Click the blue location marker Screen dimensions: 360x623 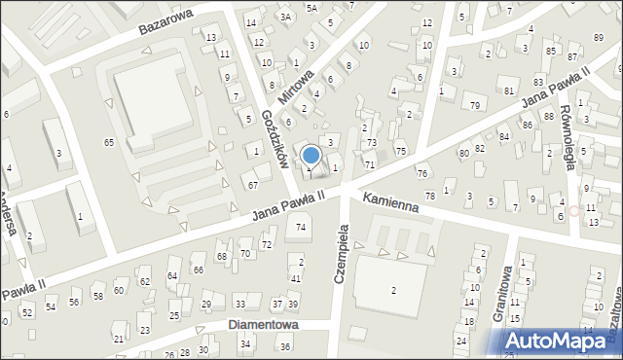point(312,155)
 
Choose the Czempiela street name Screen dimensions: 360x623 point(342,248)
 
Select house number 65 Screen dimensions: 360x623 point(109,143)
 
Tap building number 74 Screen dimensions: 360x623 point(302,227)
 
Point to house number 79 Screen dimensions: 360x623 point(474,105)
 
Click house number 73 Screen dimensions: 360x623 point(371,143)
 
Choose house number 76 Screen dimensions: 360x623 point(421,173)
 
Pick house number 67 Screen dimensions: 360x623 point(252,185)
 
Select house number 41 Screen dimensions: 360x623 point(296,279)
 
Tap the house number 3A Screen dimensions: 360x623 point(285,17)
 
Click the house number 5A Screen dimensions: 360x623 point(311,8)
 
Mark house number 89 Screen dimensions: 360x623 point(598,38)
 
